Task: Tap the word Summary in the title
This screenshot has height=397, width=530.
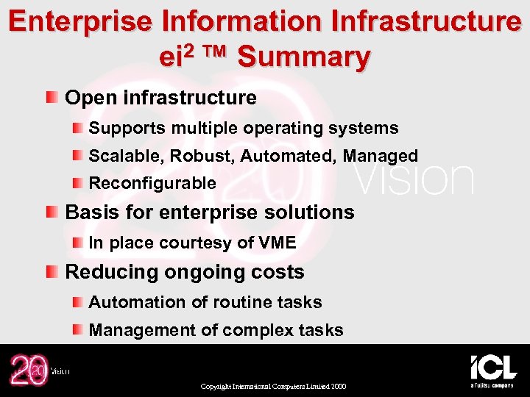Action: [x=305, y=57]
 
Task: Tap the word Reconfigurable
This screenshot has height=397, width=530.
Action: [x=152, y=183]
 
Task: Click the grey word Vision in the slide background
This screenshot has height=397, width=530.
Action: [x=414, y=179]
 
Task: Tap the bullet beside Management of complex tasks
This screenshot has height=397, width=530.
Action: [x=77, y=330]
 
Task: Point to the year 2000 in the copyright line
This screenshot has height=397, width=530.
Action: [x=339, y=387]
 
